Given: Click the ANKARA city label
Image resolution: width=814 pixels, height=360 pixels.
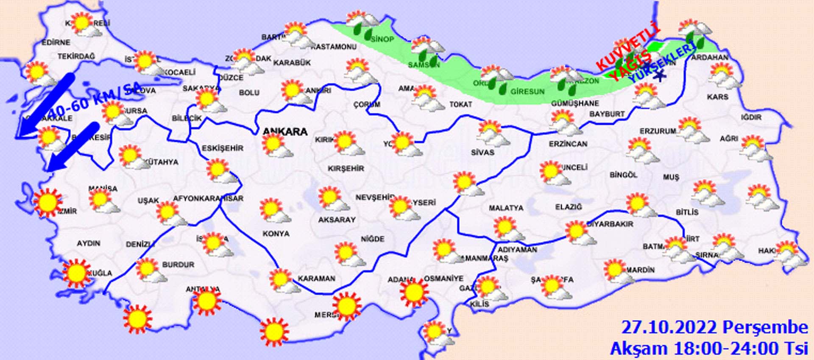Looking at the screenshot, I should click(285, 131).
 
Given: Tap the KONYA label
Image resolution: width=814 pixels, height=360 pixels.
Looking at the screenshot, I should click(276, 234).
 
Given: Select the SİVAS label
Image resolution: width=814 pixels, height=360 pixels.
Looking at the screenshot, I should click(482, 152).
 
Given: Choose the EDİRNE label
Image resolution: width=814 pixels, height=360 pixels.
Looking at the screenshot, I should click(56, 42).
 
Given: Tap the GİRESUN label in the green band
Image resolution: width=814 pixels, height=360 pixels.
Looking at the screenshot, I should click(527, 91).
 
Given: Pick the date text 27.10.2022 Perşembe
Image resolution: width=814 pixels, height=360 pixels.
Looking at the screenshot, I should click(714, 328).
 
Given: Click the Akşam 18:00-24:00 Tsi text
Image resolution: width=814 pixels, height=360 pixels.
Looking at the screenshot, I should click(709, 348).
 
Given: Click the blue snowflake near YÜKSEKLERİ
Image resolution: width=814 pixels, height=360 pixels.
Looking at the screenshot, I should click(659, 76).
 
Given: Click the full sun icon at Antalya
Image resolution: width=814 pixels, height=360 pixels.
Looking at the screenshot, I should click(206, 301).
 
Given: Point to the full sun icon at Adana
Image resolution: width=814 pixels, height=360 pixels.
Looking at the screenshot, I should click(414, 293).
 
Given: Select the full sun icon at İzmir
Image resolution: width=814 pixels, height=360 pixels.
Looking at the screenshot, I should click(47, 202).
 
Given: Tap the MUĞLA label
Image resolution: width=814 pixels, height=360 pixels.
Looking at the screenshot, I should click(100, 273).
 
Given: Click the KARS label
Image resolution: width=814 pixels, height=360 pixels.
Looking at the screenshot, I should click(717, 97).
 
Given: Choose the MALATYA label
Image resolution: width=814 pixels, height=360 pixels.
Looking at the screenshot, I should click(506, 208).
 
